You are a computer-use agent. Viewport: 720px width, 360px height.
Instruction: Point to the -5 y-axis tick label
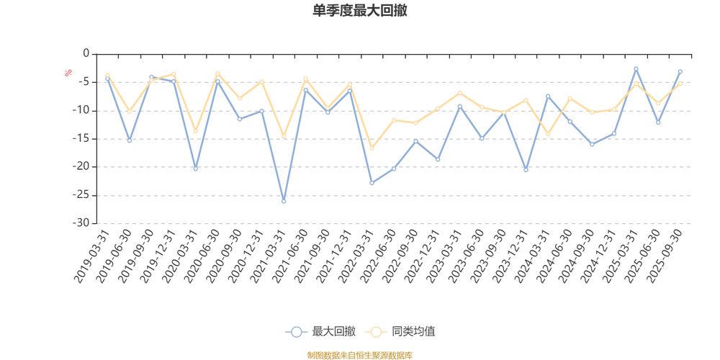tap(84, 82)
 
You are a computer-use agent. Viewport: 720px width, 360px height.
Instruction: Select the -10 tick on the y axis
tap(82, 110)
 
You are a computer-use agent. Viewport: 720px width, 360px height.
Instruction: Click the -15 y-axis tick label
tap(82, 139)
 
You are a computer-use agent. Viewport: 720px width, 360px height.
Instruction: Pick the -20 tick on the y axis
tap(82, 167)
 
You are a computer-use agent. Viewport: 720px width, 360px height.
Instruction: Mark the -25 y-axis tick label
tap(82, 195)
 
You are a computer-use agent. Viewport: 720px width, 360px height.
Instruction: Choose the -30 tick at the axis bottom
tap(82, 223)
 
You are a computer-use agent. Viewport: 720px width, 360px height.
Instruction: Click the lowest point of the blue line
tap(284, 202)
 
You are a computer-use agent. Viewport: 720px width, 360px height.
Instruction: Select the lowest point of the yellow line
tap(372, 148)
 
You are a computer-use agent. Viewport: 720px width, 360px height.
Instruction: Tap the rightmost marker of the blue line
tap(680, 71)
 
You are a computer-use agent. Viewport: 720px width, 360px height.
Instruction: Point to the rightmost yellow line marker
tap(680, 84)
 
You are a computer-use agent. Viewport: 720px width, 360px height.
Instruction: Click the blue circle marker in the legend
tap(296, 332)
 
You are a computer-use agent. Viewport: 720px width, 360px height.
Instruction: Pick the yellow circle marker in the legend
tap(375, 332)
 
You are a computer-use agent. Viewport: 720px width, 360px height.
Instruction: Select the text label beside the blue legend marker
tap(334, 332)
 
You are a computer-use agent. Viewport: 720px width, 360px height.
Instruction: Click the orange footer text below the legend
tap(359, 354)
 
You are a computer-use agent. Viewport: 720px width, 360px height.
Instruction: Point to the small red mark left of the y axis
tap(68, 72)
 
